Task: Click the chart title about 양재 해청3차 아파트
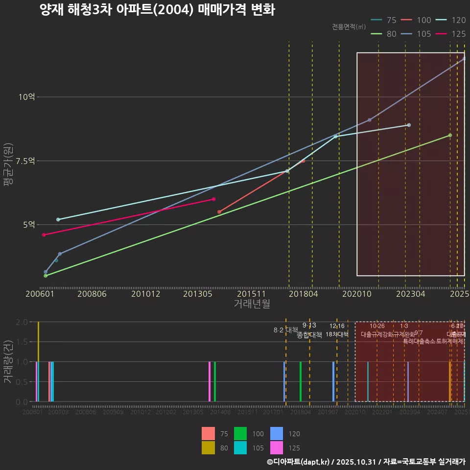click(157, 10)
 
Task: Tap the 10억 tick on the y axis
click(27, 97)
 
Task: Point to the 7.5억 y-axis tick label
click(25, 161)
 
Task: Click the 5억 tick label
click(28, 225)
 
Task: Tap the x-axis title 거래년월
click(252, 304)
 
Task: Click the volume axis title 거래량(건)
click(8, 361)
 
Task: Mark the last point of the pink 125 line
click(214, 199)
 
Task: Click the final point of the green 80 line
click(450, 135)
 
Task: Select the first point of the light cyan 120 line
click(58, 219)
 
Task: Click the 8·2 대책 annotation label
click(286, 330)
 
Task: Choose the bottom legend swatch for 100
click(240, 434)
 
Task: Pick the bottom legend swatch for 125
click(277, 447)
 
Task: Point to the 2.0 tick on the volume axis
click(21, 322)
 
